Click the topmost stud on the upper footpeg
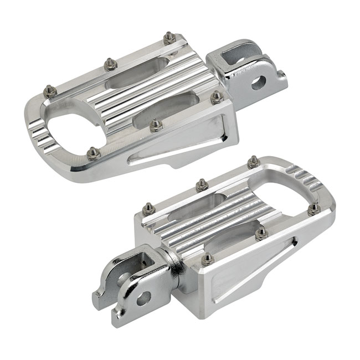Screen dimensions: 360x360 169,38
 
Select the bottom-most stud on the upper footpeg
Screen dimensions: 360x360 93,152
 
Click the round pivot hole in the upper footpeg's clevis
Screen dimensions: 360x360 258,83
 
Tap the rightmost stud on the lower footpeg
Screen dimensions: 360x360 313,208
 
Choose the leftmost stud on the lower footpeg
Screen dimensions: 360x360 147,209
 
